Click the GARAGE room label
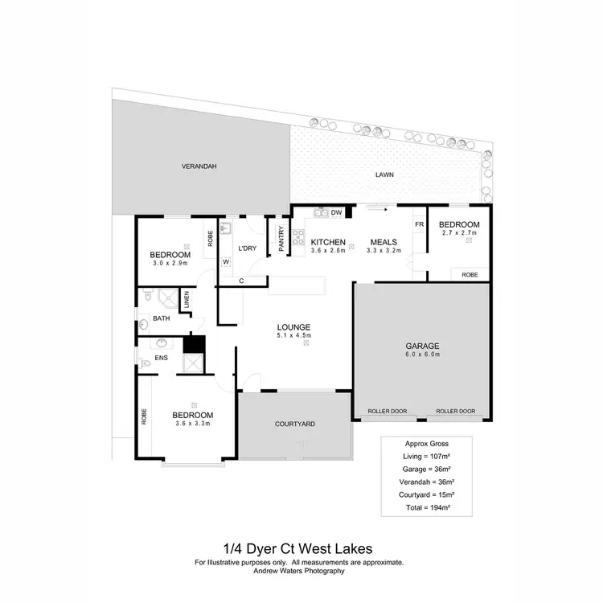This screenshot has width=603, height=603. click(x=423, y=346)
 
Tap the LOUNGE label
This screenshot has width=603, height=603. click(x=293, y=326)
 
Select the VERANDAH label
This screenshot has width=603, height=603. click(x=199, y=166)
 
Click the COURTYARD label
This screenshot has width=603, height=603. click(x=293, y=424)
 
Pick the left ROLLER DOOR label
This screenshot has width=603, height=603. click(x=388, y=412)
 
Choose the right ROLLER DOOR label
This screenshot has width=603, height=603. click(x=455, y=412)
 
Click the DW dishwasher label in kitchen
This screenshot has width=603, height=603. click(x=336, y=212)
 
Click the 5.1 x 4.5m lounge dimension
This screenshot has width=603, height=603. click(x=293, y=335)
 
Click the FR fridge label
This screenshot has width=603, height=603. click(x=419, y=224)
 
